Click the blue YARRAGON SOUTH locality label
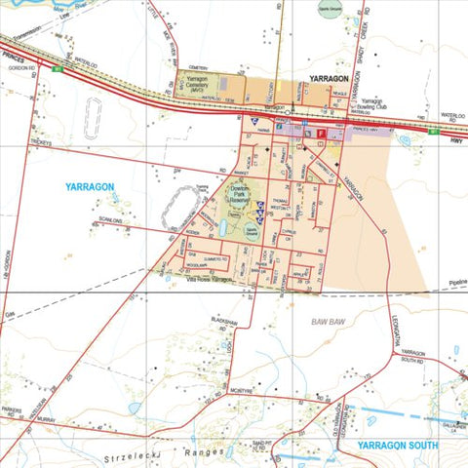coord(399,445)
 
